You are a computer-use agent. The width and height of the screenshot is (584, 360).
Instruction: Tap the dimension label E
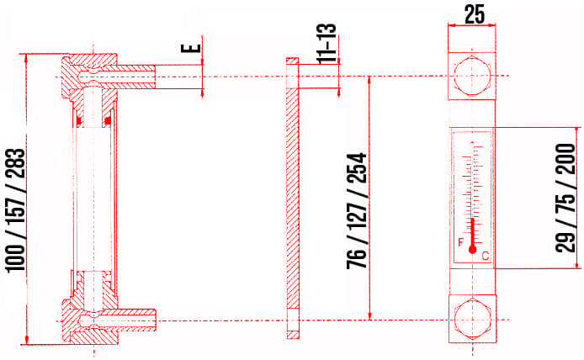coord(195,43)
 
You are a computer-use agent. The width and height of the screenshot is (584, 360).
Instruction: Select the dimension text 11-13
coord(328,43)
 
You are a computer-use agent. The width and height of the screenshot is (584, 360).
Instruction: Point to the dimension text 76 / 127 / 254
coord(357,207)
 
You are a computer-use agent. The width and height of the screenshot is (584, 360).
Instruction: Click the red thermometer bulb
coord(473,249)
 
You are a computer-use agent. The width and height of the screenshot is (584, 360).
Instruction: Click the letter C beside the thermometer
coord(486,255)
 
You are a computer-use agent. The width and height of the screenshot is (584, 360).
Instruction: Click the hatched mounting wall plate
coord(292,202)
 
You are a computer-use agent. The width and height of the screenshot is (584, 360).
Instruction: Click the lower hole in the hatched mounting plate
coord(292,320)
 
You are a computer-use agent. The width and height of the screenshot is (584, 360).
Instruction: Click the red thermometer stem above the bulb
coord(473,231)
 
